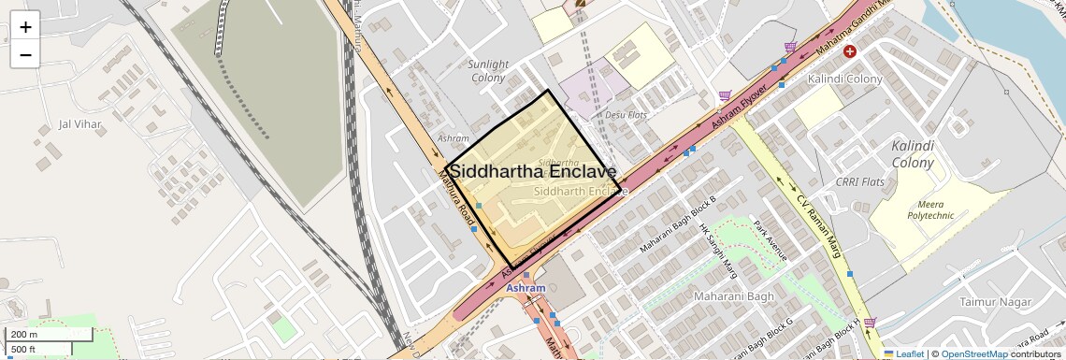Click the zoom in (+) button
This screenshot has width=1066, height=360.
click(25, 27)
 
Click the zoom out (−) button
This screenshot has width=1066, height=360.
click(25, 54)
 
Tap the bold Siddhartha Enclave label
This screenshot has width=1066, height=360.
click(532, 172)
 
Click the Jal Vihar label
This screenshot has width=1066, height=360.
click(79, 123)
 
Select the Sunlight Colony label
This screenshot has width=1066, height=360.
click(487, 71)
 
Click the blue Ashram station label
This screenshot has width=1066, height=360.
click(526, 289)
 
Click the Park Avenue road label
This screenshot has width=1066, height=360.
click(772, 241)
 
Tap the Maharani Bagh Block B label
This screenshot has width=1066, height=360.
click(678, 225)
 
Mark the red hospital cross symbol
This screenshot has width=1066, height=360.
click(850, 51)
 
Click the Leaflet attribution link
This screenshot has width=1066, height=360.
click(903, 354)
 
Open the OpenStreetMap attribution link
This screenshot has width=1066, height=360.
click(973, 354)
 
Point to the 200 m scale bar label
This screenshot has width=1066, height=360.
click(25, 335)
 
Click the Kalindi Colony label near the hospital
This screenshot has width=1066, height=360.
click(845, 79)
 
